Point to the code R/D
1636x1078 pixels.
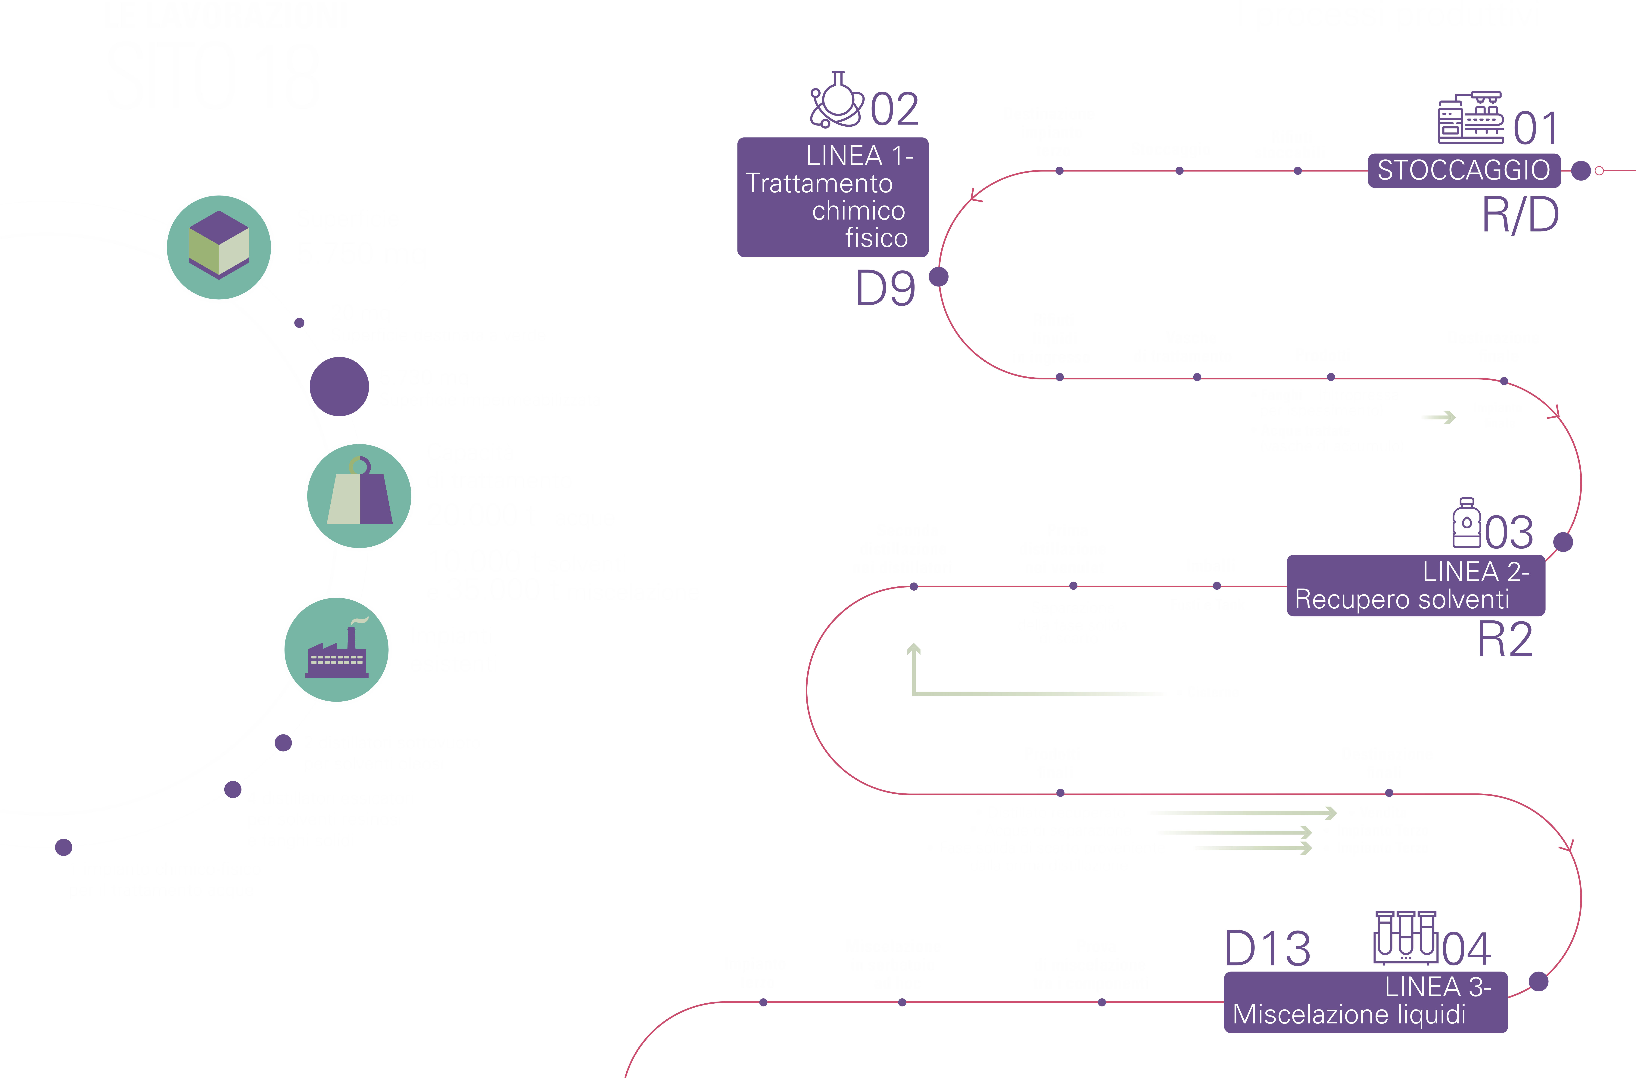coord(1520,215)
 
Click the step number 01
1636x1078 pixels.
coord(1536,128)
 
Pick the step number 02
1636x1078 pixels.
coord(894,109)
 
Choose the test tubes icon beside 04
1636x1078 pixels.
coord(1406,938)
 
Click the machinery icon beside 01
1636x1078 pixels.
coord(1470,118)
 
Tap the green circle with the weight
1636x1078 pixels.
coord(359,496)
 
